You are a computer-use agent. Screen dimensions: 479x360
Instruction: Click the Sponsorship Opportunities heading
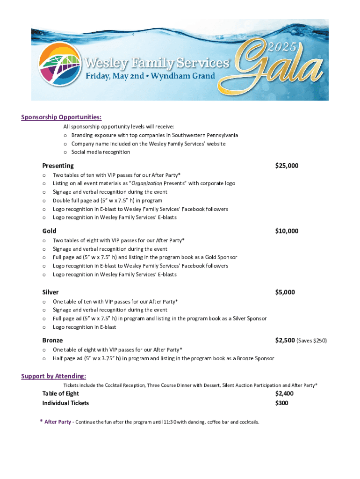click(x=61, y=117)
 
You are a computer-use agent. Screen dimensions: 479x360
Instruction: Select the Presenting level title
click(x=58, y=166)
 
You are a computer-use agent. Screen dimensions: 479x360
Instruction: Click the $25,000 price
click(x=287, y=166)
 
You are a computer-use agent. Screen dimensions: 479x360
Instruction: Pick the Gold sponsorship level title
click(x=50, y=231)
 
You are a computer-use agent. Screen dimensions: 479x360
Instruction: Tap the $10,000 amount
click(x=287, y=231)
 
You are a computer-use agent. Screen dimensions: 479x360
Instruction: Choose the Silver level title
click(x=50, y=292)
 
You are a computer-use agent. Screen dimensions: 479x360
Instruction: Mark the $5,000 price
click(x=285, y=292)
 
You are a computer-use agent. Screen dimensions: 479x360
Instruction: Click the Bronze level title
click(x=52, y=340)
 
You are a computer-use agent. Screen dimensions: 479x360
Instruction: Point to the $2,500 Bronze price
click(x=285, y=340)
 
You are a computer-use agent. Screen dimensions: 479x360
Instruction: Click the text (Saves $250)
click(x=311, y=341)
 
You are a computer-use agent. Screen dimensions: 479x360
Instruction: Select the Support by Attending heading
click(x=53, y=376)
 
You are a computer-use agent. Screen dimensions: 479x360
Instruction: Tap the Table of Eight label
click(x=60, y=393)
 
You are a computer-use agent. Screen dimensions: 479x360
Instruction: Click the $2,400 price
click(x=284, y=393)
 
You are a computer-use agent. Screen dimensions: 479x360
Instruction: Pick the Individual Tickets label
click(x=65, y=403)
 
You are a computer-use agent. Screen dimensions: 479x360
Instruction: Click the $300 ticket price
click(x=281, y=403)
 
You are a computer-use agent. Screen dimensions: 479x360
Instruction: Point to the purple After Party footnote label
click(x=58, y=422)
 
